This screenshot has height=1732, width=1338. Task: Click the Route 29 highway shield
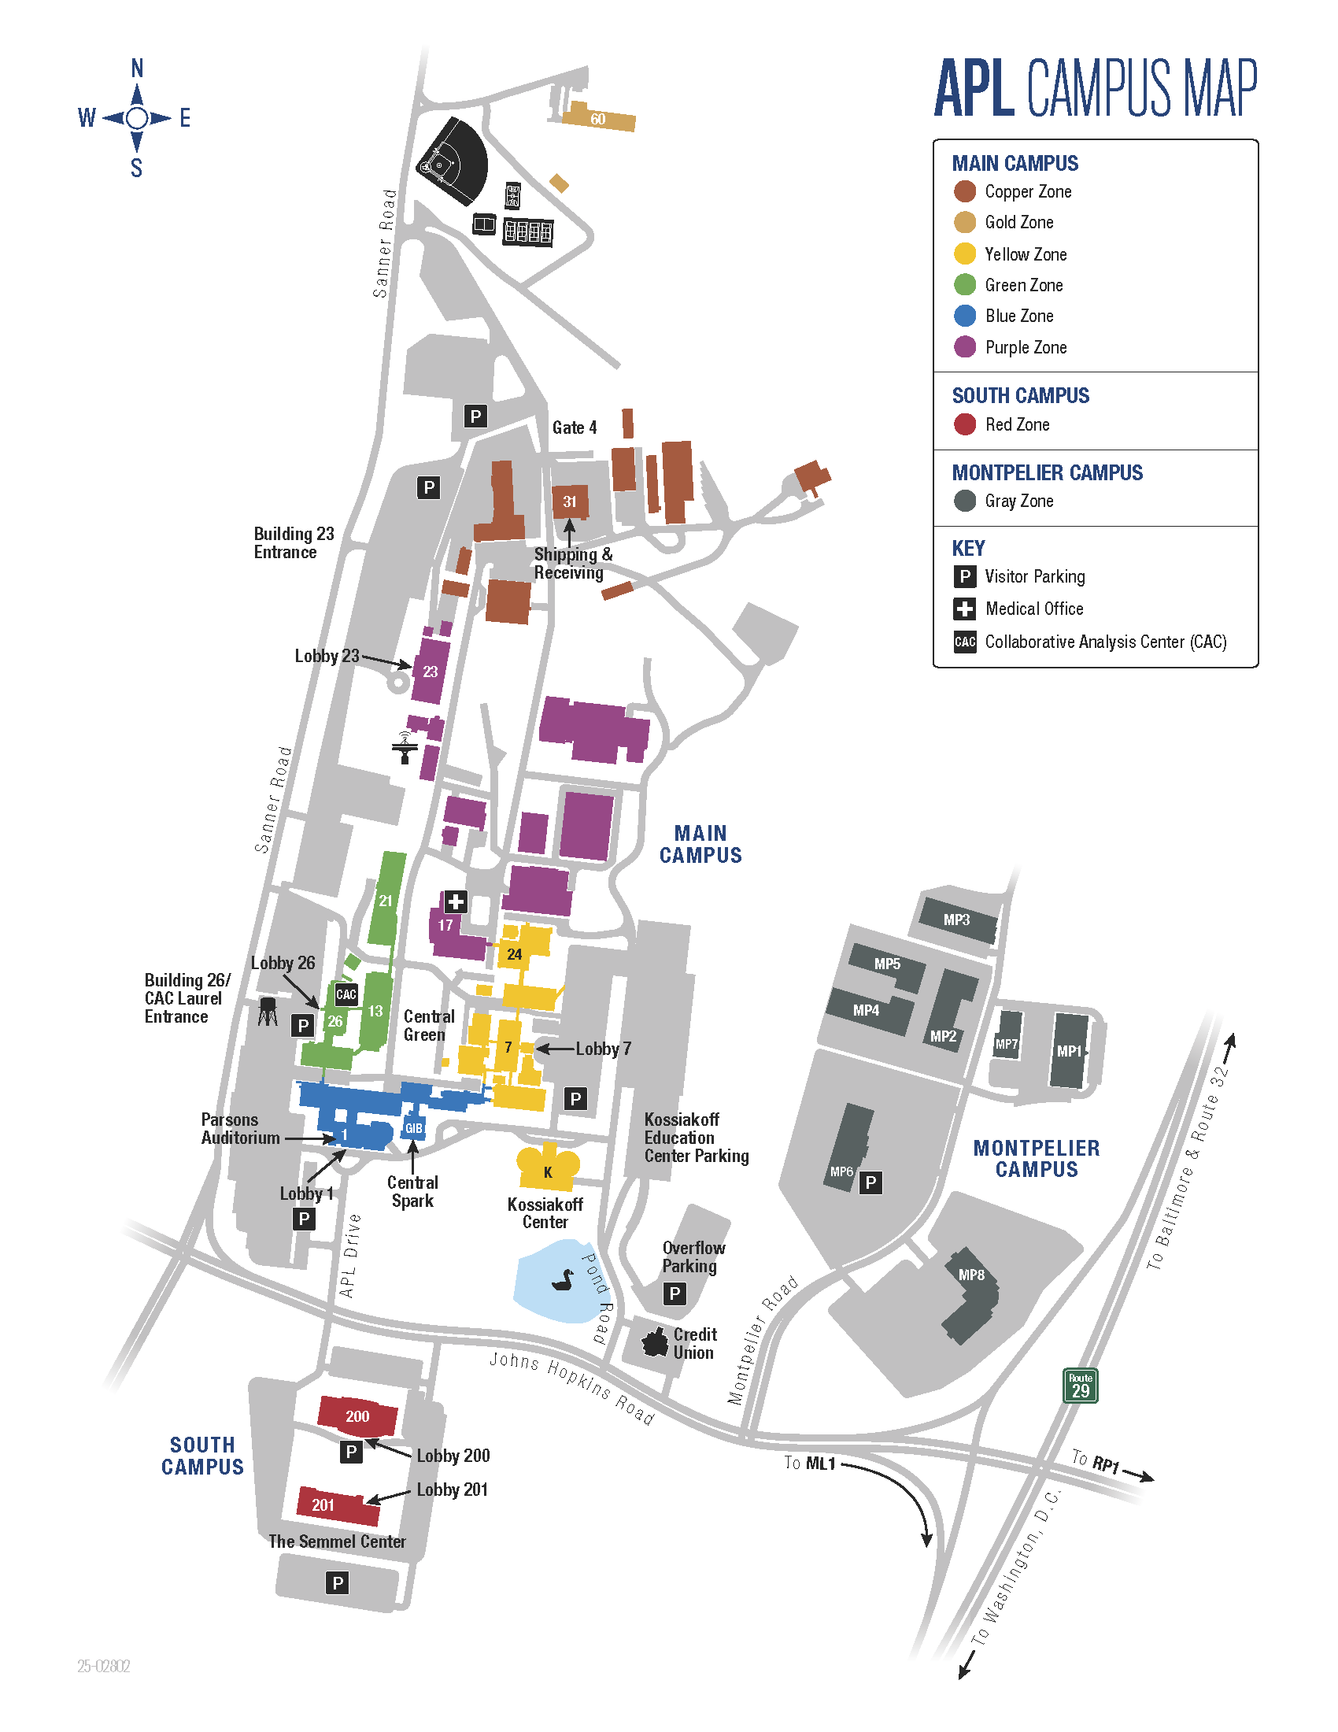pyautogui.click(x=1080, y=1386)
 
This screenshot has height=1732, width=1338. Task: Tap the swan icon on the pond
pyautogui.click(x=563, y=1279)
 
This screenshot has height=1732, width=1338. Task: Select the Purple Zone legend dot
pyautogui.click(x=965, y=346)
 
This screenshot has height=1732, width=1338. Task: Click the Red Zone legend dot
pyautogui.click(x=965, y=424)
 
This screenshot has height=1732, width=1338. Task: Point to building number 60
pyautogui.click(x=597, y=118)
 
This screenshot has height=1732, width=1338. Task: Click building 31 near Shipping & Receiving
pyautogui.click(x=570, y=501)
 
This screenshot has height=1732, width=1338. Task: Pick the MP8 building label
pyautogui.click(x=971, y=1275)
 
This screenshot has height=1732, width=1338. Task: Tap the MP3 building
pyautogui.click(x=957, y=919)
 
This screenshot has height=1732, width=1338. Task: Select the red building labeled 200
pyautogui.click(x=357, y=1416)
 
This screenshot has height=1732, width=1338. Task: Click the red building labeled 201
pyautogui.click(x=338, y=1504)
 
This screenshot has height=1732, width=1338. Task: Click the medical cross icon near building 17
pyautogui.click(x=455, y=901)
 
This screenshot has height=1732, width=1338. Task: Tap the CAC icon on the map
pyautogui.click(x=346, y=994)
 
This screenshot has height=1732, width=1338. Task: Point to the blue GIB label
pyautogui.click(x=414, y=1127)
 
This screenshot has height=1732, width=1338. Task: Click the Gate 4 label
pyautogui.click(x=575, y=427)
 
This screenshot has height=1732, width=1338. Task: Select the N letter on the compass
pyautogui.click(x=137, y=69)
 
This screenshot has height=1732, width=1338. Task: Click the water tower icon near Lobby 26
pyautogui.click(x=268, y=1011)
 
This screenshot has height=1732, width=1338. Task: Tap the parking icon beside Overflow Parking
pyautogui.click(x=675, y=1293)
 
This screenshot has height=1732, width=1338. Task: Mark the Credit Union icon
pyautogui.click(x=655, y=1342)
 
